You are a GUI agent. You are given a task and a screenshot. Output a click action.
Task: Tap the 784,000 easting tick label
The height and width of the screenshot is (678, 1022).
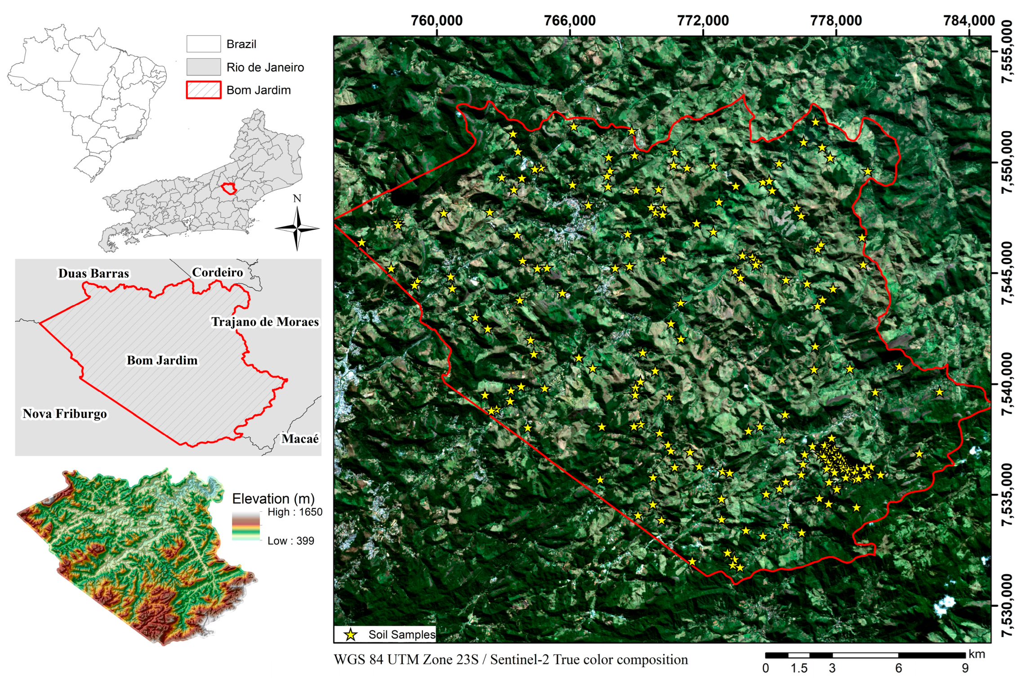[x=969, y=21]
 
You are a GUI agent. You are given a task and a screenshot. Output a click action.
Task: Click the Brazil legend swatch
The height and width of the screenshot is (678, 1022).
[x=204, y=44]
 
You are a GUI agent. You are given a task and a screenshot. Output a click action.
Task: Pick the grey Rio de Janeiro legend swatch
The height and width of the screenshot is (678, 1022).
[x=204, y=67]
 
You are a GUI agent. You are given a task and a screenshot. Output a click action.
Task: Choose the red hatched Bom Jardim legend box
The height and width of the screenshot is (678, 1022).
[x=204, y=90]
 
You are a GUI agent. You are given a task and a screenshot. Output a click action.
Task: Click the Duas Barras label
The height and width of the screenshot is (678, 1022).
[x=94, y=273]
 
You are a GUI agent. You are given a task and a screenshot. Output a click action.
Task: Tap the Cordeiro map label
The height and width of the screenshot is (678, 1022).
[x=217, y=272]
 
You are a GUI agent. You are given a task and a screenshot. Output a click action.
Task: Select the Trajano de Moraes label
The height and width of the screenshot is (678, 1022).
[x=265, y=322]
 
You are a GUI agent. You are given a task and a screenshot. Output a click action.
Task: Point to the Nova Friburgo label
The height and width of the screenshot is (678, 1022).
[x=65, y=413]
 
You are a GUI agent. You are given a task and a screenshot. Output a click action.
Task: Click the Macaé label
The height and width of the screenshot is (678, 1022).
[x=300, y=439]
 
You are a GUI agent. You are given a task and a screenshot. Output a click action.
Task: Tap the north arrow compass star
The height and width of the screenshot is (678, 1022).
[x=297, y=228]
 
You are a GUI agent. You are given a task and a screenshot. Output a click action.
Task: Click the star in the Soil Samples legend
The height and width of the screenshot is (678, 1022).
[x=351, y=634]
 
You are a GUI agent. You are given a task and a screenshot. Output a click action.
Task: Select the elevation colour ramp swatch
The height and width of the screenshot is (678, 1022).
[x=246, y=526]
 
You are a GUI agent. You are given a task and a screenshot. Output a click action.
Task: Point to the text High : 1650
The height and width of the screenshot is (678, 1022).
[x=295, y=512]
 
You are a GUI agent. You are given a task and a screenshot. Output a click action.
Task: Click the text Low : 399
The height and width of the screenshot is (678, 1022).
[x=290, y=541]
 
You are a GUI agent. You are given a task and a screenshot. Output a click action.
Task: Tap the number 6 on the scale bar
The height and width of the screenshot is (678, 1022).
[x=898, y=668]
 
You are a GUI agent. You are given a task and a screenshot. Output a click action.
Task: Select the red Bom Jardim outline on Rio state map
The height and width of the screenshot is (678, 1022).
[x=229, y=188]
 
